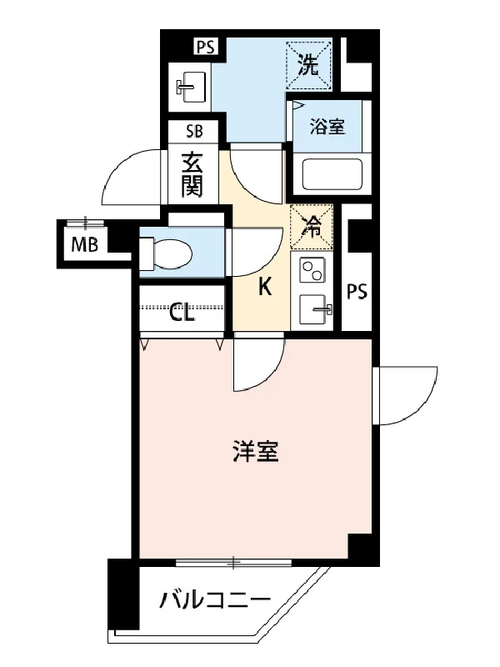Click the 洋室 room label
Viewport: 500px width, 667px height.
click(256, 451)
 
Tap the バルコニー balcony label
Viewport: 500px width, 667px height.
click(215, 600)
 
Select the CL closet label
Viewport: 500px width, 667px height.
click(182, 313)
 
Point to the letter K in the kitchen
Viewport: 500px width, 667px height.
click(265, 287)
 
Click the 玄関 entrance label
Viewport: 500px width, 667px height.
click(192, 175)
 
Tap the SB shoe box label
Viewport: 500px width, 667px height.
click(194, 132)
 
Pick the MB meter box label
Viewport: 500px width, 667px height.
click(85, 244)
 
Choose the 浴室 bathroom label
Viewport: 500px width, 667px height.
click(327, 127)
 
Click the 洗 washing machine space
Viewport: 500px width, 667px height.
click(308, 65)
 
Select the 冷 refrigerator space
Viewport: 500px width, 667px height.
click(311, 227)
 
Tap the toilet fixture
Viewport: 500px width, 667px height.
click(166, 254)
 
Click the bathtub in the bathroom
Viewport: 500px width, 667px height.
click(332, 174)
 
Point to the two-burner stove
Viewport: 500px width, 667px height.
click(312, 269)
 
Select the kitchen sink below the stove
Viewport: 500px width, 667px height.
click(316, 309)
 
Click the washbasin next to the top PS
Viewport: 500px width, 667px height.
click(191, 87)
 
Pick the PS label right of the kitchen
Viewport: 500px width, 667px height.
click(357, 292)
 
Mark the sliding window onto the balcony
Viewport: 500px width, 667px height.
click(233, 563)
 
